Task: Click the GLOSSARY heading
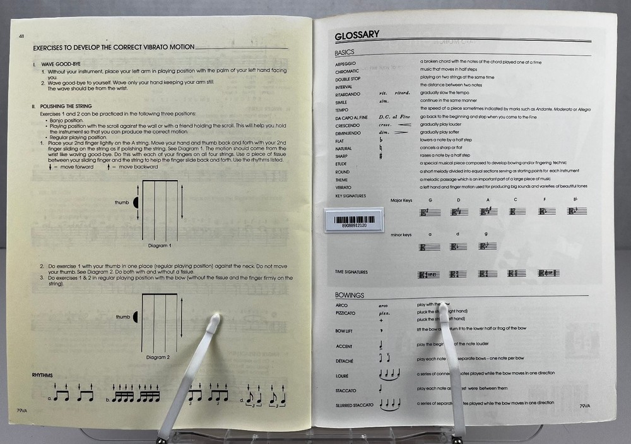tap(357, 35)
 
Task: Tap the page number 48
tap(22, 37)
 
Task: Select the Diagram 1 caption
tap(160, 244)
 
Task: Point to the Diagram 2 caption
tap(158, 357)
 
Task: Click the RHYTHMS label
tap(42, 375)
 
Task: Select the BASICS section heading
tap(345, 52)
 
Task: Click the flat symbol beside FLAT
tap(383, 141)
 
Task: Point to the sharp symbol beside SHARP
tap(383, 157)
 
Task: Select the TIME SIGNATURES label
tap(351, 272)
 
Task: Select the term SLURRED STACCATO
tap(355, 404)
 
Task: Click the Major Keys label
tap(401, 200)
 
